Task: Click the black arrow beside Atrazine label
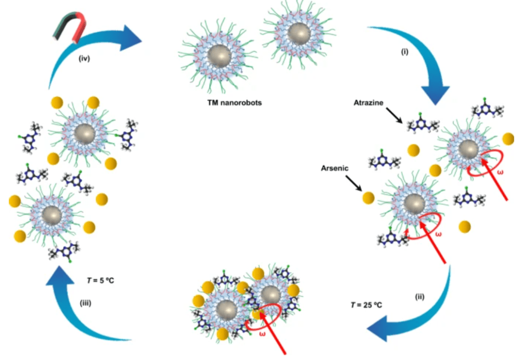point(395,116)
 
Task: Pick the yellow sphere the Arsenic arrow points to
point(368,198)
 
